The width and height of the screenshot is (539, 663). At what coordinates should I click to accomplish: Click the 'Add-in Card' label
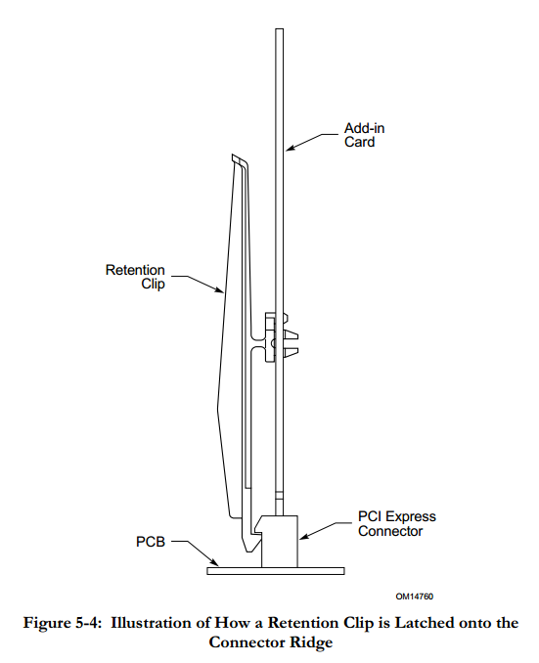364,135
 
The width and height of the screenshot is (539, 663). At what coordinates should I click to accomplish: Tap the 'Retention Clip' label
135,277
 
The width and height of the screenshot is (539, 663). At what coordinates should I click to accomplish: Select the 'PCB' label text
151,542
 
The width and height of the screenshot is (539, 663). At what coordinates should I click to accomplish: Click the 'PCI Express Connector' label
397,523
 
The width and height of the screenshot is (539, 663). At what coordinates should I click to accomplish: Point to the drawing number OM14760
415,597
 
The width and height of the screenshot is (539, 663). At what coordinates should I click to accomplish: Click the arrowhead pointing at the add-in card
291,148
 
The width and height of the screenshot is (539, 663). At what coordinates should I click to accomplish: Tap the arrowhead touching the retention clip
218,289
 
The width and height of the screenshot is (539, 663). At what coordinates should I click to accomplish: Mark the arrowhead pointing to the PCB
215,562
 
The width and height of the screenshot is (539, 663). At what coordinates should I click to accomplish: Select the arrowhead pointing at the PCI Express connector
304,536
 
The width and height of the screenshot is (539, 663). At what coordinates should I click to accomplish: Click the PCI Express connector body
279,541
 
